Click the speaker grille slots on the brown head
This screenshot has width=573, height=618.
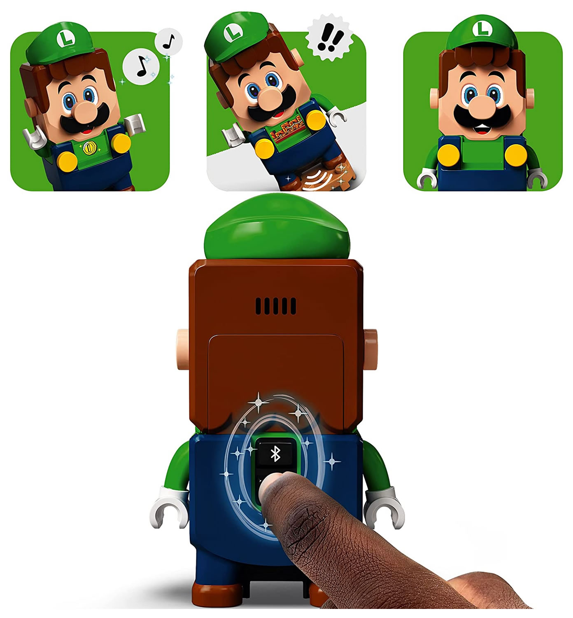coord(276,306)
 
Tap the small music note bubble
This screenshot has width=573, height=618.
coord(168,42)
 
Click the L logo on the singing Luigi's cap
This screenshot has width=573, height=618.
coord(65,38)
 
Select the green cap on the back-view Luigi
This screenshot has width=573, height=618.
coord(277,227)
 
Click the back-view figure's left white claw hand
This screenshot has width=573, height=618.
coord(169,507)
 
